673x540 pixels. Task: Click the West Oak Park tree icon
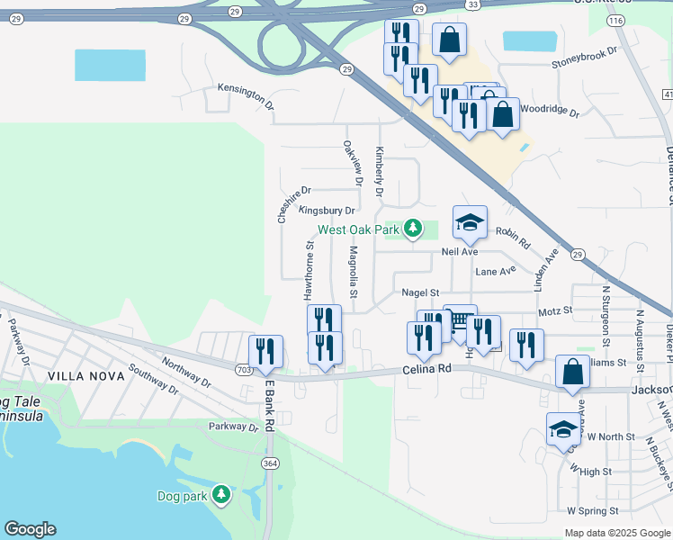[413, 229]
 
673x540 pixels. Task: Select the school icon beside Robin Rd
[469, 224]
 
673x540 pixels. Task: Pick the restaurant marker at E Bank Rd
[265, 354]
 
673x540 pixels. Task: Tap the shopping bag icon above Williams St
[573, 373]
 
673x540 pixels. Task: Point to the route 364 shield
[269, 463]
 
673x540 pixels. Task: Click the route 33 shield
[473, 5]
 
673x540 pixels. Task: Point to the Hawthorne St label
[308, 270]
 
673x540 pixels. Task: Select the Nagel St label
[420, 292]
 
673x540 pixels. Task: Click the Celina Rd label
[427, 370]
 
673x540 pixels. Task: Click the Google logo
[30, 529]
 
